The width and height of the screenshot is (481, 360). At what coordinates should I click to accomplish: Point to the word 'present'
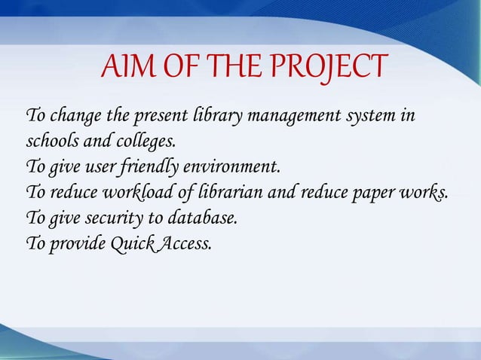161,118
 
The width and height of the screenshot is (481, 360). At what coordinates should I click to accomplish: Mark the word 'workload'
139,193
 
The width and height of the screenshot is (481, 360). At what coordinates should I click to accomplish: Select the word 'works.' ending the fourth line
423,193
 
